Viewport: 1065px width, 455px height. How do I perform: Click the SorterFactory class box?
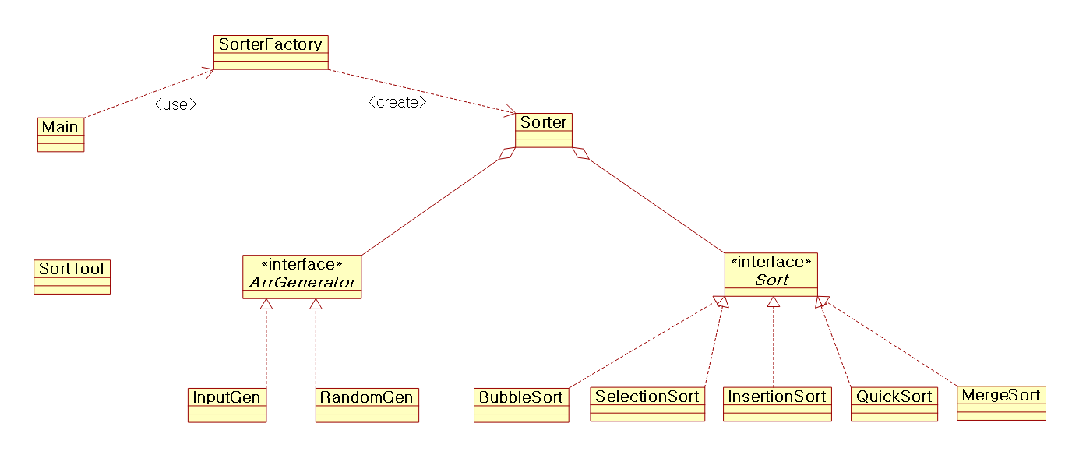point(271,51)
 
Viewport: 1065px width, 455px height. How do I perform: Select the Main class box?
point(61,134)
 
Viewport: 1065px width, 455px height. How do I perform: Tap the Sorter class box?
point(543,129)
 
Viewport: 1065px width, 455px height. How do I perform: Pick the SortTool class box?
point(72,277)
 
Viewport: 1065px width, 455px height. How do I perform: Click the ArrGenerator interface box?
point(302,276)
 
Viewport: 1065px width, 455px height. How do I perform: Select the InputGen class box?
point(227,404)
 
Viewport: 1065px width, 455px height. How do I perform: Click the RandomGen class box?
point(367,404)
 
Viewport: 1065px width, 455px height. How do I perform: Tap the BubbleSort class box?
point(521,404)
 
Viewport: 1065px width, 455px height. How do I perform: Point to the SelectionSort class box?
point(647,404)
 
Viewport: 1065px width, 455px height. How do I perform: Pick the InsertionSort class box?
point(777,404)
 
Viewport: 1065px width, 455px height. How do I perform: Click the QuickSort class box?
point(894,404)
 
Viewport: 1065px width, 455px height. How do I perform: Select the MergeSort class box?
point(1001,402)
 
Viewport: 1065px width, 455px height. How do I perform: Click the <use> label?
point(175,104)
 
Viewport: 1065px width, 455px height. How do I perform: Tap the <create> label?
point(397,102)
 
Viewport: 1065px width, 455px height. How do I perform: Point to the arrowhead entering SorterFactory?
point(209,71)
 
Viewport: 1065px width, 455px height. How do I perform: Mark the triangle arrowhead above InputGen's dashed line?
point(266,304)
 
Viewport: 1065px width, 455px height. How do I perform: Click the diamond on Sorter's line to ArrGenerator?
point(506,153)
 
